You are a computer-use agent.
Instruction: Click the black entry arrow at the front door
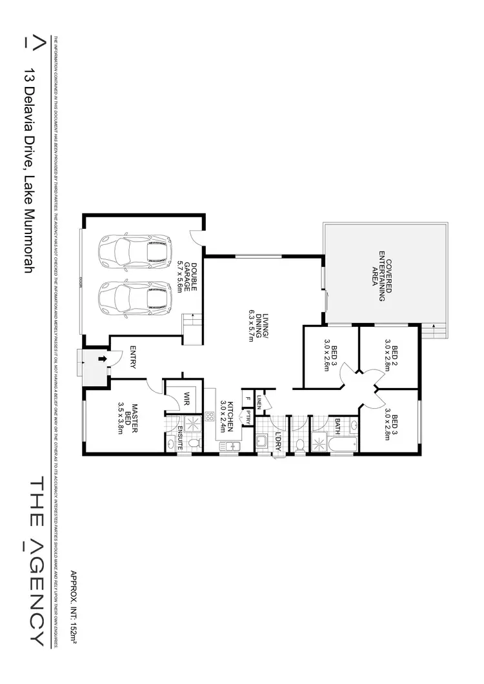pyautogui.click(x=101, y=359)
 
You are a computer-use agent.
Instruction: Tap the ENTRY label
pyautogui.click(x=133, y=357)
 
